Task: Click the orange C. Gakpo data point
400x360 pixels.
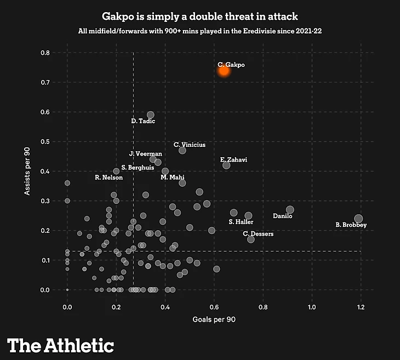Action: pyautogui.click(x=224, y=70)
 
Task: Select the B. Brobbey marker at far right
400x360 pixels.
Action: pyautogui.click(x=358, y=219)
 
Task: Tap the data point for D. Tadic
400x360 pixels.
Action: pyautogui.click(x=151, y=115)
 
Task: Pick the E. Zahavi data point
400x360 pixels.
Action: pyautogui.click(x=226, y=165)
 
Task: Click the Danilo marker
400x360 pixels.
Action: pyautogui.click(x=290, y=210)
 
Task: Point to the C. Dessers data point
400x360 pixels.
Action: pyautogui.click(x=251, y=239)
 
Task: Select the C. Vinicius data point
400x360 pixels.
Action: pyautogui.click(x=182, y=150)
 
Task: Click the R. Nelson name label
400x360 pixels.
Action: pyautogui.click(x=108, y=178)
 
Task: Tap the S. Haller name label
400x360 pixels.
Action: pyautogui.click(x=241, y=222)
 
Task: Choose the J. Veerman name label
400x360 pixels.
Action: pyautogui.click(x=145, y=154)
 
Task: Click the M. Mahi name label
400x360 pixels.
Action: pyautogui.click(x=173, y=178)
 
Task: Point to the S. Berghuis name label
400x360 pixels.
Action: pyautogui.click(x=138, y=168)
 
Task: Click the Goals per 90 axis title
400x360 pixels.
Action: pyautogui.click(x=214, y=318)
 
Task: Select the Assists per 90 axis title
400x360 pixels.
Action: pyautogui.click(x=26, y=170)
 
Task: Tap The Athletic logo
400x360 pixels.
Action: pyautogui.click(x=61, y=345)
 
